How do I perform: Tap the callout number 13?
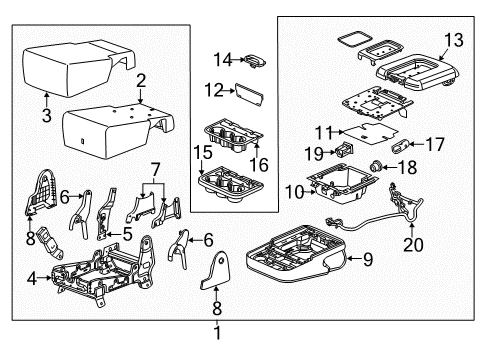point(454,40)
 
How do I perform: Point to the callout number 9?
point(367,260)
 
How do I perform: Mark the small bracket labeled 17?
point(397,144)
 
